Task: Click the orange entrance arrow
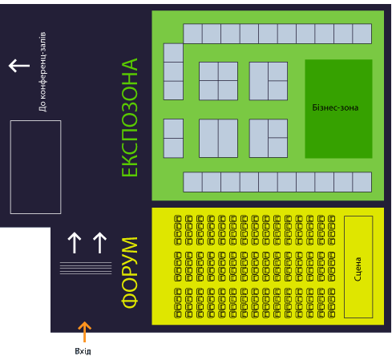pos(84,332)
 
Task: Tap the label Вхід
pos(83,351)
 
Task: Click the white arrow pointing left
pos(19,66)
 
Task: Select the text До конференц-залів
pos(42,71)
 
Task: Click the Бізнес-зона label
pos(335,107)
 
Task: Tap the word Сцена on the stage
pos(358,269)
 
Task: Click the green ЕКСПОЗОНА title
pos(130,117)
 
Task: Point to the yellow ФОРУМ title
pos(130,273)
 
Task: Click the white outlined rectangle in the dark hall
pos(10,167)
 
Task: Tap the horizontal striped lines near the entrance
pos(86,268)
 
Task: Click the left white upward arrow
pos(75,243)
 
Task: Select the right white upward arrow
pos(99,243)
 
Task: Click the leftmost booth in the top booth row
pos(192,34)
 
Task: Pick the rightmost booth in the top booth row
pos(362,34)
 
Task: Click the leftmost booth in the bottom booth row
pos(192,182)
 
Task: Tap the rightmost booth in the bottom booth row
pos(362,182)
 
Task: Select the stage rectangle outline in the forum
pos(345,267)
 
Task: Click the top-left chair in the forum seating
pos(178,219)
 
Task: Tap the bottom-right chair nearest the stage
pos(331,314)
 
